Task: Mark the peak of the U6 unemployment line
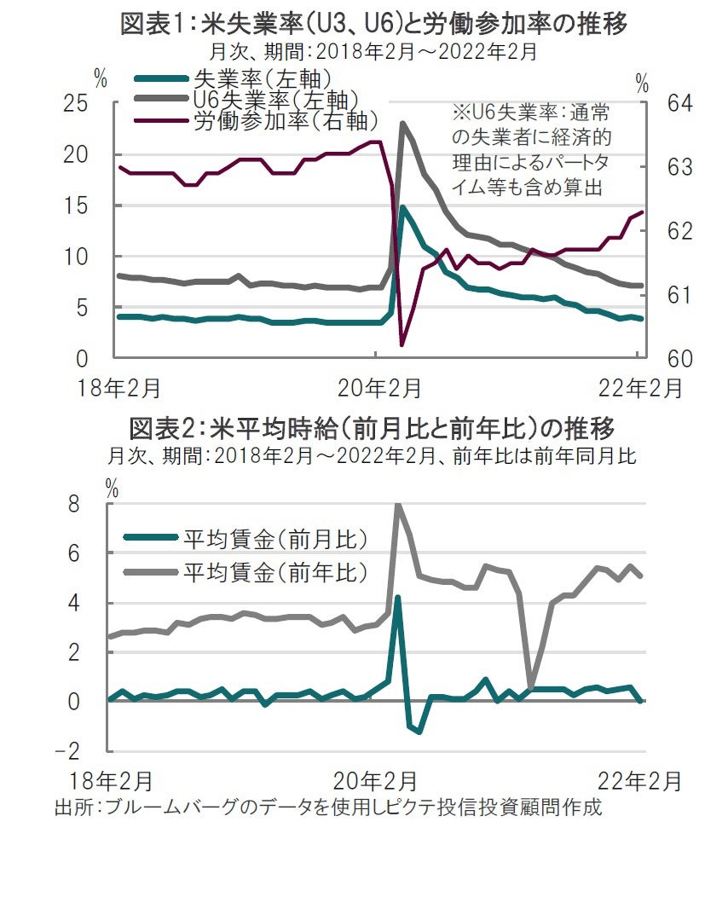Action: pyautogui.click(x=402, y=124)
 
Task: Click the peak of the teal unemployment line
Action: pyautogui.click(x=402, y=207)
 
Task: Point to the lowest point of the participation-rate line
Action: pyautogui.click(x=402, y=344)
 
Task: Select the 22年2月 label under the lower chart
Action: pyautogui.click(x=638, y=780)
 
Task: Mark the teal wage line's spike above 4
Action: pyautogui.click(x=397, y=598)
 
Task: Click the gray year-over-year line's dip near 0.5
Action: pyautogui.click(x=530, y=686)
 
